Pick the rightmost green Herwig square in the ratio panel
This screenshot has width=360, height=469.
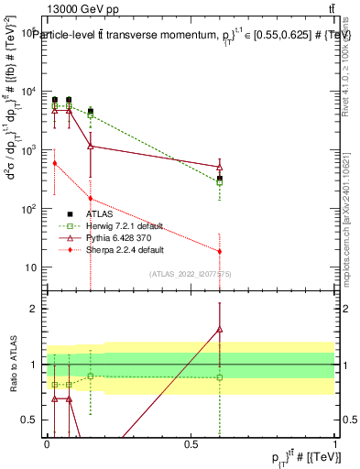[x=220, y=377]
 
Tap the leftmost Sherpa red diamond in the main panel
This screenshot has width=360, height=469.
[x=55, y=163]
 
